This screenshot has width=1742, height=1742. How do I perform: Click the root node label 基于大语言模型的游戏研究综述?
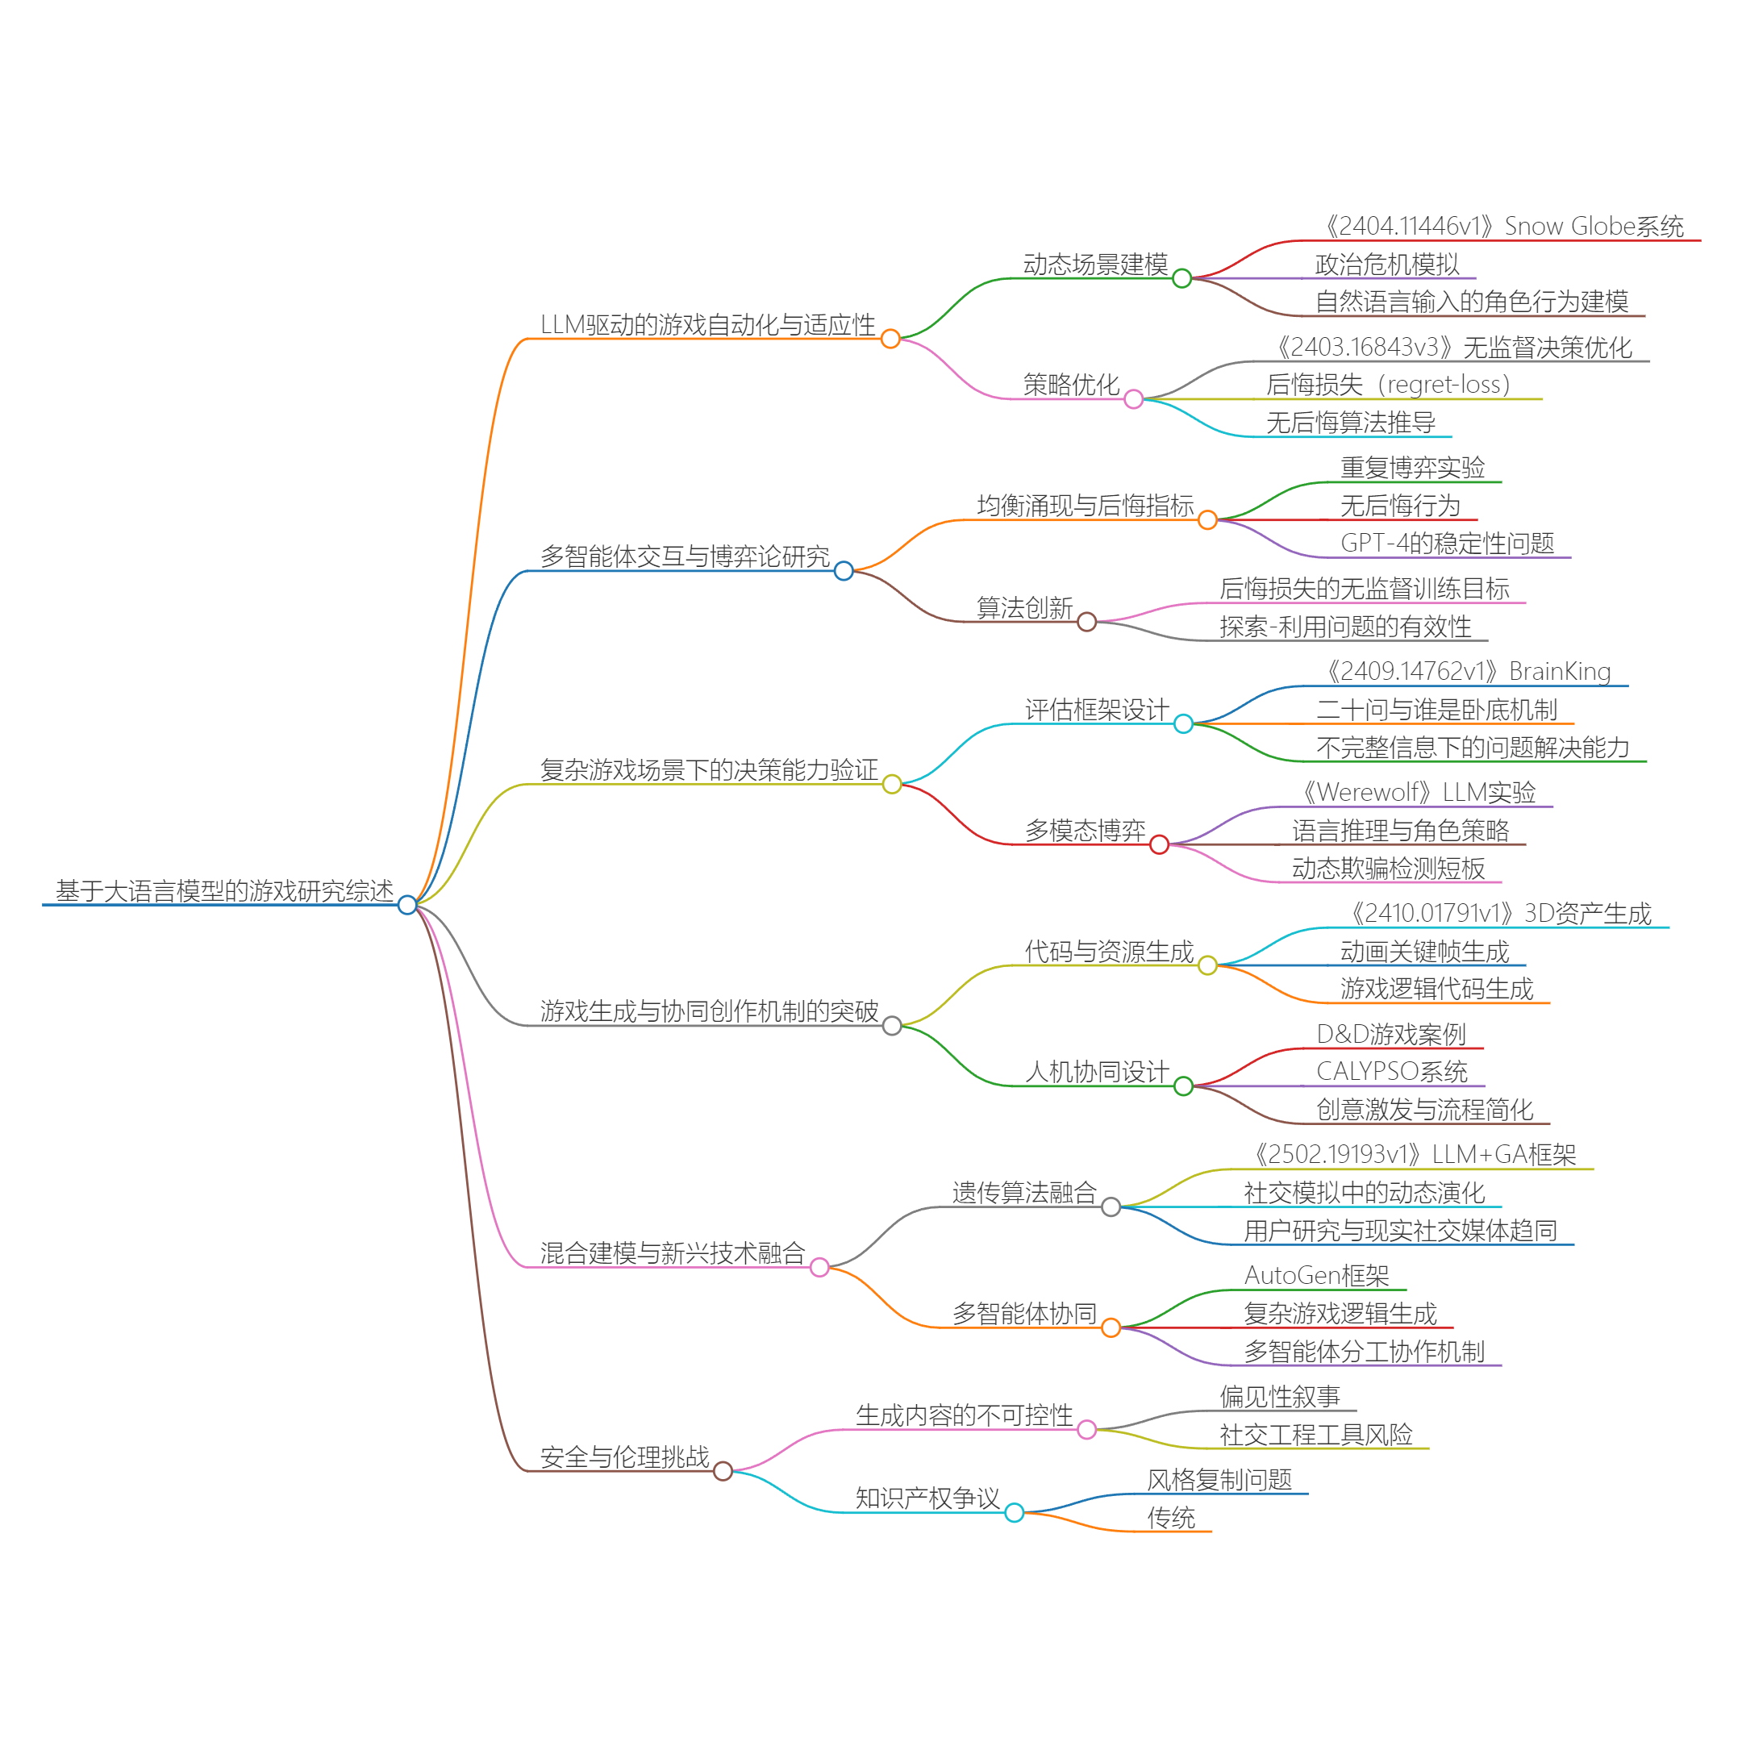(x=224, y=891)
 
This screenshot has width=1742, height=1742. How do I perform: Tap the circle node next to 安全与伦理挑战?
(x=723, y=1472)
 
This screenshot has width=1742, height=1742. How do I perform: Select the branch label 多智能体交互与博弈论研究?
(x=685, y=556)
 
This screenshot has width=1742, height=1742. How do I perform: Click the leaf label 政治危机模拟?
(x=1387, y=265)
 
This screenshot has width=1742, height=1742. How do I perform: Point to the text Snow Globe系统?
(x=1594, y=227)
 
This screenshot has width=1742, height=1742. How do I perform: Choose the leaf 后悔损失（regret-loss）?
(x=1388, y=385)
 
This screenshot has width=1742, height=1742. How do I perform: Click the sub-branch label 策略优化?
(x=1070, y=385)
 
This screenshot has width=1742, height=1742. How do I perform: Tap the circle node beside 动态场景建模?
(x=1182, y=278)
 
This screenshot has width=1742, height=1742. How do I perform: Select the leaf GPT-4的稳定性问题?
(x=1447, y=543)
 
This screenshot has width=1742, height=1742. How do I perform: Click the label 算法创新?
(x=1024, y=608)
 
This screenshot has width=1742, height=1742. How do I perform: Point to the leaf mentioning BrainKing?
(x=1469, y=672)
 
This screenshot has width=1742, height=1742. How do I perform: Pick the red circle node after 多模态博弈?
(x=1160, y=845)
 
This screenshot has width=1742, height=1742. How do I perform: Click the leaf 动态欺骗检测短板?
(x=1388, y=869)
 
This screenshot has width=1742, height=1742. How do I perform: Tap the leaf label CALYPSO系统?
(x=1391, y=1071)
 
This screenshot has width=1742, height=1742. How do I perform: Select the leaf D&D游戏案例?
(x=1390, y=1034)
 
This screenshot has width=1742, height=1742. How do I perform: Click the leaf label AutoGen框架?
(x=1316, y=1275)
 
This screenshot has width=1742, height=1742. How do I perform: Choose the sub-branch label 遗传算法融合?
(x=1024, y=1193)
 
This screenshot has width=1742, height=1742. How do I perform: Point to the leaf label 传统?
(x=1170, y=1518)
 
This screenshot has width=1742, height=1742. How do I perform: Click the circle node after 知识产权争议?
(x=1015, y=1512)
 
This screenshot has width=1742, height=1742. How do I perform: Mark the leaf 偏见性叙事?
(x=1279, y=1397)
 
